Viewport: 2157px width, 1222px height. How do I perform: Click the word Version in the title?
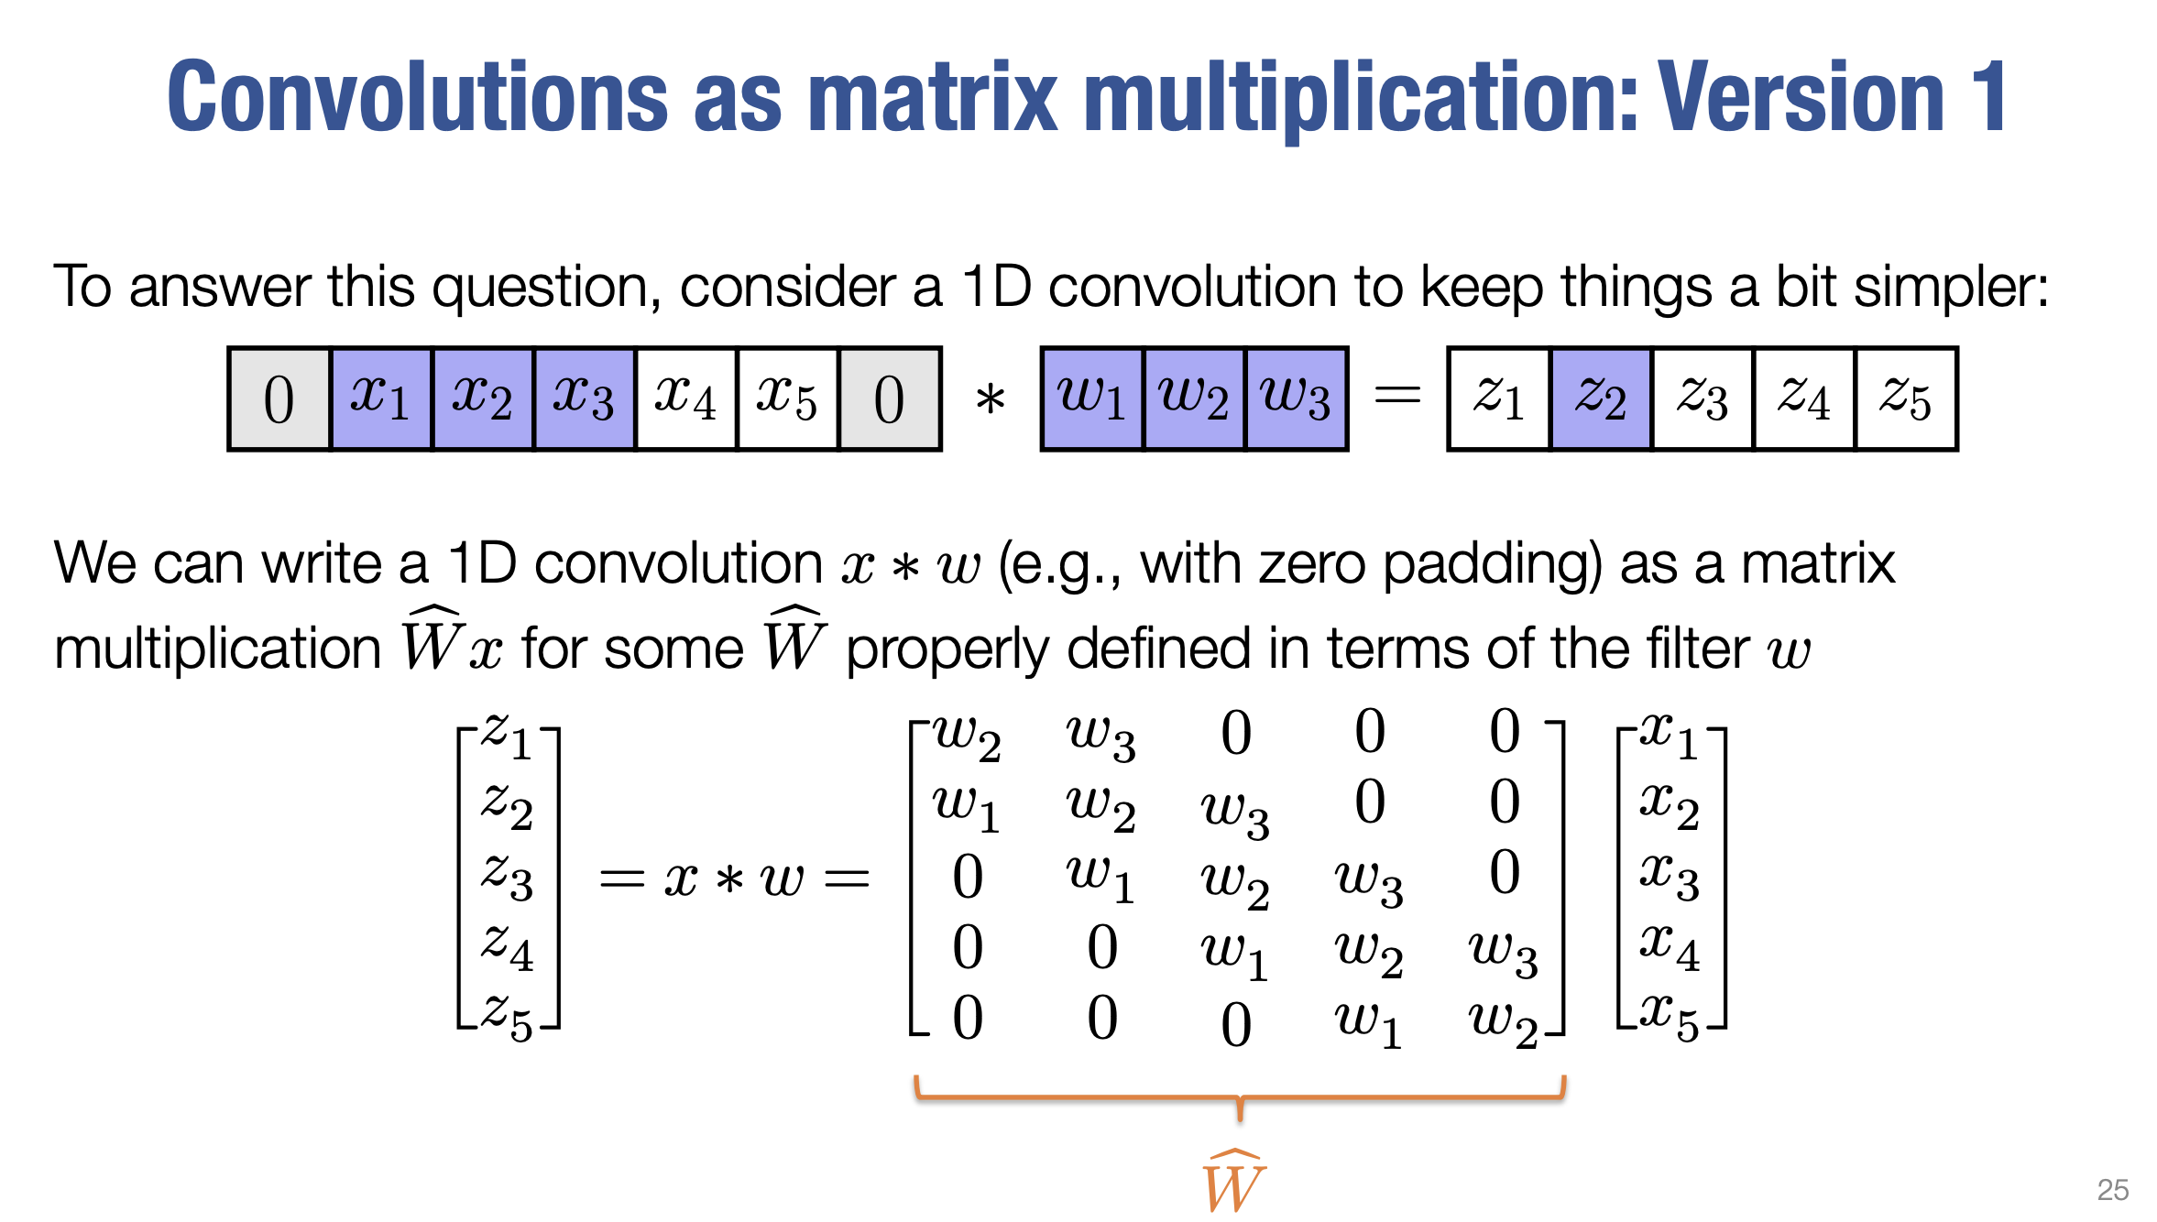(1801, 96)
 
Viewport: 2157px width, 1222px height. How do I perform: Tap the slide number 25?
(2112, 1189)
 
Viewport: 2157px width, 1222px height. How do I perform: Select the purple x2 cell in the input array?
(482, 398)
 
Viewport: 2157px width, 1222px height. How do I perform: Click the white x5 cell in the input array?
(787, 398)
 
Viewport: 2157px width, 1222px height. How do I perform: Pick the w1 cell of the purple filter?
(1092, 398)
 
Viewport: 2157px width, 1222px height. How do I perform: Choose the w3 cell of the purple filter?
(1296, 398)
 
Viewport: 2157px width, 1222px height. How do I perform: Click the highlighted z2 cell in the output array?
(1601, 398)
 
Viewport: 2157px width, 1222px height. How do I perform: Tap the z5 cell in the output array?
(1906, 398)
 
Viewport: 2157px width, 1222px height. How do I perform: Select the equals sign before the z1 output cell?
(1397, 396)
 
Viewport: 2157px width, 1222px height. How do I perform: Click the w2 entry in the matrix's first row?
(968, 737)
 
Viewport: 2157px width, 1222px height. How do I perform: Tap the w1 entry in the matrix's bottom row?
(1369, 1023)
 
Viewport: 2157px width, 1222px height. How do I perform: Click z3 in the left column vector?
(508, 877)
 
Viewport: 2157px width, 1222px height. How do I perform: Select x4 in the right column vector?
(1670, 948)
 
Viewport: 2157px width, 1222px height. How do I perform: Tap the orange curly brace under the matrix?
(1240, 1097)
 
